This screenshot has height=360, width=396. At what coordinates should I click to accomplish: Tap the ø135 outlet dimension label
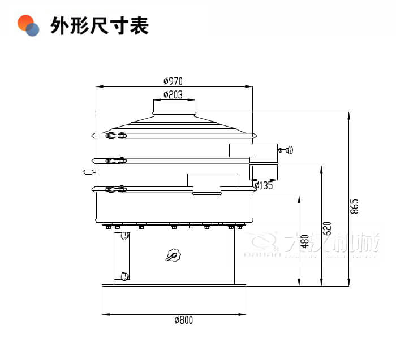click(x=264, y=185)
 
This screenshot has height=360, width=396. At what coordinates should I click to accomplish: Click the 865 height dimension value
click(x=355, y=206)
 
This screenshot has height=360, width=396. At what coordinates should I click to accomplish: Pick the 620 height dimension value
click(x=327, y=228)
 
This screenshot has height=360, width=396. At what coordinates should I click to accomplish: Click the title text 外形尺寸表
click(x=100, y=25)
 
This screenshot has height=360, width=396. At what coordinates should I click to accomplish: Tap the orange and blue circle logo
click(x=28, y=25)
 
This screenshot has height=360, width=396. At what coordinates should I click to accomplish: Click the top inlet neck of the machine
click(x=175, y=107)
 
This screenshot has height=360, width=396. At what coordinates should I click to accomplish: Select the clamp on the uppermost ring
click(x=116, y=135)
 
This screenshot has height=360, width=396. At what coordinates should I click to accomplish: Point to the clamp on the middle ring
click(x=116, y=161)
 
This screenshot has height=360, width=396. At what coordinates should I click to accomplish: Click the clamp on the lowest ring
click(x=116, y=188)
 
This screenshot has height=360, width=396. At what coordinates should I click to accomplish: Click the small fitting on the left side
click(x=88, y=171)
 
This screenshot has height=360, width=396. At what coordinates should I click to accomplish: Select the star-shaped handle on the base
click(x=173, y=255)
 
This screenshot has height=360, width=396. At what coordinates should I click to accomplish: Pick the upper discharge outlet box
click(x=253, y=151)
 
